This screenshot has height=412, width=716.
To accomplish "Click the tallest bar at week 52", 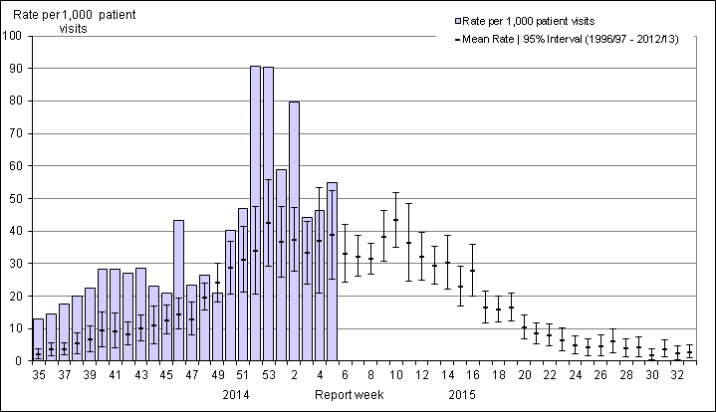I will [x=255, y=213].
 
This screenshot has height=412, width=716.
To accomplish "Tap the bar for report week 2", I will [x=294, y=231].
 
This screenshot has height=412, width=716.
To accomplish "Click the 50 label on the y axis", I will [x=17, y=199].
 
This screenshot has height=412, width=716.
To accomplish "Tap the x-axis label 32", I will [x=677, y=377].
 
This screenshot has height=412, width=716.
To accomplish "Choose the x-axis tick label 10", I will [x=395, y=377].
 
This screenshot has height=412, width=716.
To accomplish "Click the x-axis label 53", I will [x=268, y=377].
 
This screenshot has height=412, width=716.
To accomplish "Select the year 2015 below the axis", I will [x=461, y=395].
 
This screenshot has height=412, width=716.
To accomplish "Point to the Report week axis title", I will [x=346, y=395].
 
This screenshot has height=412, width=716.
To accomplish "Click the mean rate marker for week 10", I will [x=395, y=220].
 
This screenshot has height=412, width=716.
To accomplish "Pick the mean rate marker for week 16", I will [x=472, y=270].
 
